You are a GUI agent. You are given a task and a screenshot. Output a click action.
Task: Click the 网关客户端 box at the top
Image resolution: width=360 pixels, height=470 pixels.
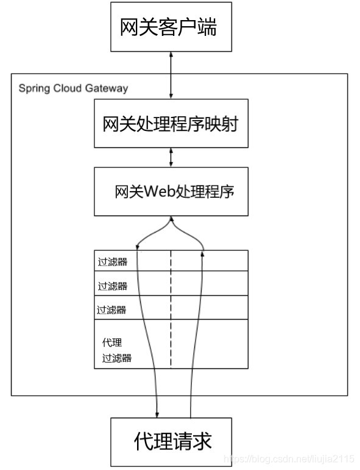[171, 27]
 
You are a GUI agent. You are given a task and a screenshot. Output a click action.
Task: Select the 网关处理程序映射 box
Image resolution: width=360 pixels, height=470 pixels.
[171, 124]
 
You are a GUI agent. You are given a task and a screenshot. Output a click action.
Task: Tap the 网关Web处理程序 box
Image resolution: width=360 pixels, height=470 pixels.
[171, 192]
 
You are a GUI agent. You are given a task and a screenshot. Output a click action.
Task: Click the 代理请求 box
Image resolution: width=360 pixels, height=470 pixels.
[171, 441]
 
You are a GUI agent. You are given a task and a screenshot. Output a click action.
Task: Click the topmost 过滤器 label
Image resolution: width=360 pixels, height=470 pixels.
[112, 263]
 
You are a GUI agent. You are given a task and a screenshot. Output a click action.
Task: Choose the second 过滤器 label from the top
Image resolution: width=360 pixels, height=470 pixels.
[112, 286]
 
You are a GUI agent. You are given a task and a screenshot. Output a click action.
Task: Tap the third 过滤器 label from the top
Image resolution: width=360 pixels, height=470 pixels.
[111, 309]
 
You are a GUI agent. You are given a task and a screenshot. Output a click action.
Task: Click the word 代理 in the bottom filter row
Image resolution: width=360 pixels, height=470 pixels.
[112, 343]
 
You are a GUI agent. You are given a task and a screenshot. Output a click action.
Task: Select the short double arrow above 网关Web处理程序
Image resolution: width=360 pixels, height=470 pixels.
[171, 157]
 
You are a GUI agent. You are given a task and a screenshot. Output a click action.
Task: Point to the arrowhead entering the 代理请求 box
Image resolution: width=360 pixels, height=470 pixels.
[158, 413]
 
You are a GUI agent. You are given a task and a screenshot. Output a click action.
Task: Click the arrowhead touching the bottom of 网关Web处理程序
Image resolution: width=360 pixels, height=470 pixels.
[171, 219]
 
